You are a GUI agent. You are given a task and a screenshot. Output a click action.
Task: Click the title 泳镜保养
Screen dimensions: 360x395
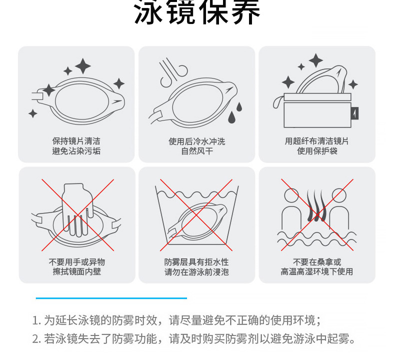point(197,13)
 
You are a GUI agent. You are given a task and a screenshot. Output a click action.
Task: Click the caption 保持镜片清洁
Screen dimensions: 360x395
point(76,141)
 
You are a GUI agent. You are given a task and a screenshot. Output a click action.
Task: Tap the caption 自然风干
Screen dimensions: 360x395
point(196,150)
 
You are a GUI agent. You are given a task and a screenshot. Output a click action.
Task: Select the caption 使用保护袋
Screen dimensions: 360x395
point(317,150)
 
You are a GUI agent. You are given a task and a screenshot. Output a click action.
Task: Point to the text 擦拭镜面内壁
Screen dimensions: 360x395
point(76,271)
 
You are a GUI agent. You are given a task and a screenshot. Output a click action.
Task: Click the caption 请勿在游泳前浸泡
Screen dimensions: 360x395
point(196,272)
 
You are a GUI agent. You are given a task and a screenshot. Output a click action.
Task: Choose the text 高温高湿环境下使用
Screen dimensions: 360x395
point(317,271)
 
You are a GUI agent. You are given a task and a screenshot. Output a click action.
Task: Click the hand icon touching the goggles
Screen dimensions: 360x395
point(76,207)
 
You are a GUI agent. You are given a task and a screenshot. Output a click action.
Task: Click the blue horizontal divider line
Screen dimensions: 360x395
point(111,298)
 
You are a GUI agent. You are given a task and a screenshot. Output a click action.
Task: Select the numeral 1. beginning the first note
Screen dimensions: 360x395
point(36,320)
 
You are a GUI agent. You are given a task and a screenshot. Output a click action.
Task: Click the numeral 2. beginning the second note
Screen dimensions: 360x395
point(36,339)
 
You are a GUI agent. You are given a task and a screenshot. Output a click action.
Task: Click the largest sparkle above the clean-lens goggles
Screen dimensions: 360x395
point(83,65)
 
